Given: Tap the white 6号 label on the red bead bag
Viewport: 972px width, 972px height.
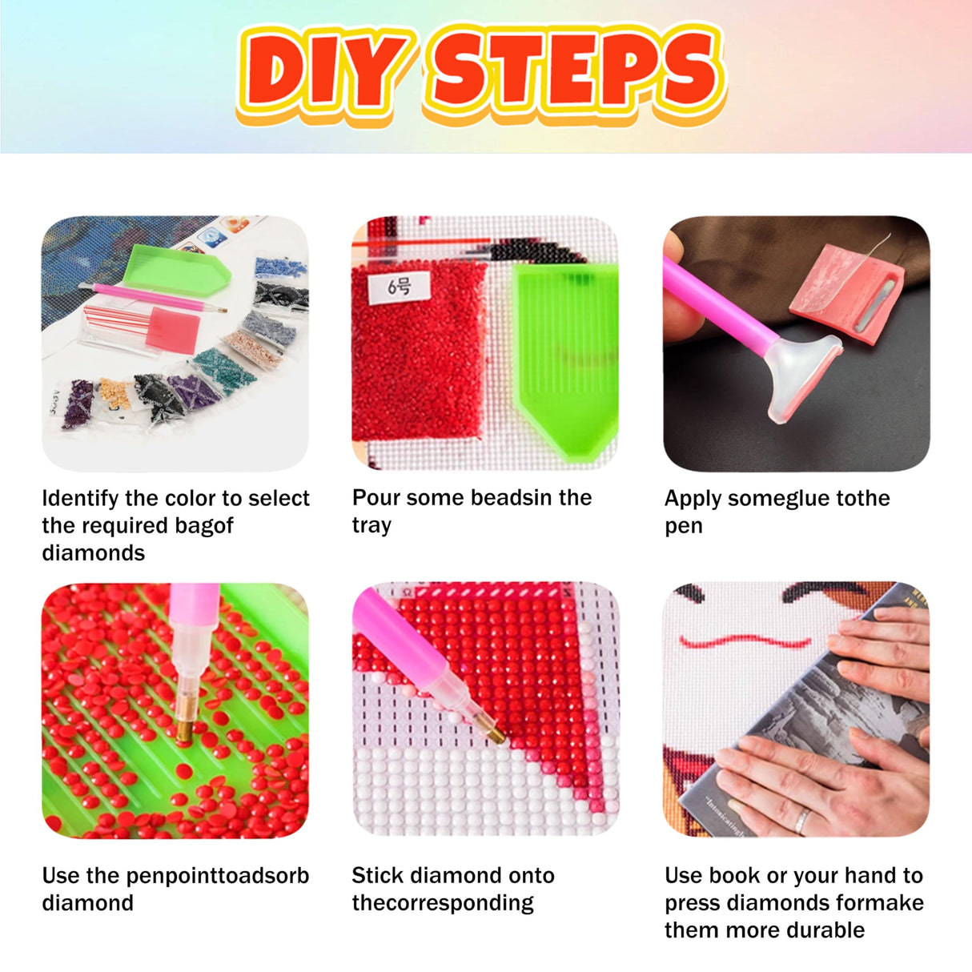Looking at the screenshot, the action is coord(399,287).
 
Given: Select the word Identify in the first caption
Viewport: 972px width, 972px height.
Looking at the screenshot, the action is coord(80,499).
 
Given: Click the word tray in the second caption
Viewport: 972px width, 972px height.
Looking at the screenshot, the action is coord(372,525).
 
